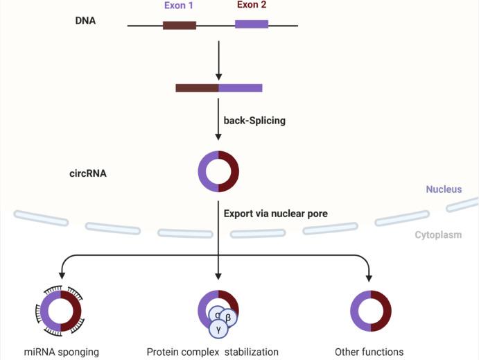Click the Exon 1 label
click(x=179, y=6)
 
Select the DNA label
click(x=85, y=21)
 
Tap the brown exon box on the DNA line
click(x=180, y=26)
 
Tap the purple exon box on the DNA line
click(x=252, y=24)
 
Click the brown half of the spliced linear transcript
click(x=197, y=88)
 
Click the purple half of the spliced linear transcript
click(x=241, y=88)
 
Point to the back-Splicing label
click(x=254, y=120)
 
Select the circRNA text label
click(x=87, y=173)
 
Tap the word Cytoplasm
click(x=438, y=235)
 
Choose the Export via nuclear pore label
click(x=275, y=214)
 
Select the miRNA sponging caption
click(x=62, y=352)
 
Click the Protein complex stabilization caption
click(x=212, y=352)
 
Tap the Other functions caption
click(x=369, y=352)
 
